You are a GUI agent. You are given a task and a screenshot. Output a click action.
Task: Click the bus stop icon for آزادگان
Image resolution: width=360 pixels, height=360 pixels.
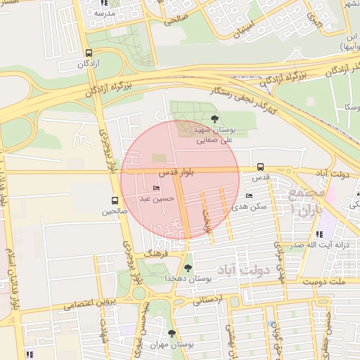pyautogui.click(x=89, y=53)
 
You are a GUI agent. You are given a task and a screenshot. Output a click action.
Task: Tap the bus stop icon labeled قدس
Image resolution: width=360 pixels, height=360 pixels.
pyautogui.click(x=261, y=167)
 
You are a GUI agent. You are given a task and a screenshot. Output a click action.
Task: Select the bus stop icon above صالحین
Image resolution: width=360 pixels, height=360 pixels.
pyautogui.click(x=115, y=200)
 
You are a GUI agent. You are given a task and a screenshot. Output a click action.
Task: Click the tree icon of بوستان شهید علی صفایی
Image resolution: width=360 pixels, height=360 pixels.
pyautogui.click(x=214, y=119)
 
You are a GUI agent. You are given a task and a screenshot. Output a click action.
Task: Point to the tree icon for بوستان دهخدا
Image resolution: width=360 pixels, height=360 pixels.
pyautogui.click(x=187, y=267)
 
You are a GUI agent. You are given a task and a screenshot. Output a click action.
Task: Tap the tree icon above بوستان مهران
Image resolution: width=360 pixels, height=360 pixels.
pyautogui.click(x=172, y=333)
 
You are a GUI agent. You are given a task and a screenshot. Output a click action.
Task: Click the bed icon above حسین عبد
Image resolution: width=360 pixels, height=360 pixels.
pyautogui.click(x=156, y=188)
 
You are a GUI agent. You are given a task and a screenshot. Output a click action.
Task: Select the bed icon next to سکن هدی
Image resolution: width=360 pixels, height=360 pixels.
pyautogui.click(x=249, y=196)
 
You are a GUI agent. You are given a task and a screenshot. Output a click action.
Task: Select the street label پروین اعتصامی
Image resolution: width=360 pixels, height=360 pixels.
pyautogui.click(x=88, y=304)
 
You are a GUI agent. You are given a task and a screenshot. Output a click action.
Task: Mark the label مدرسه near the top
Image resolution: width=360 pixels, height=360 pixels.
pyautogui.click(x=105, y=13)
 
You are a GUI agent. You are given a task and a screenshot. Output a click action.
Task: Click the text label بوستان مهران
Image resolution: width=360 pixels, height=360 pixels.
pyautogui.click(x=172, y=345)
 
